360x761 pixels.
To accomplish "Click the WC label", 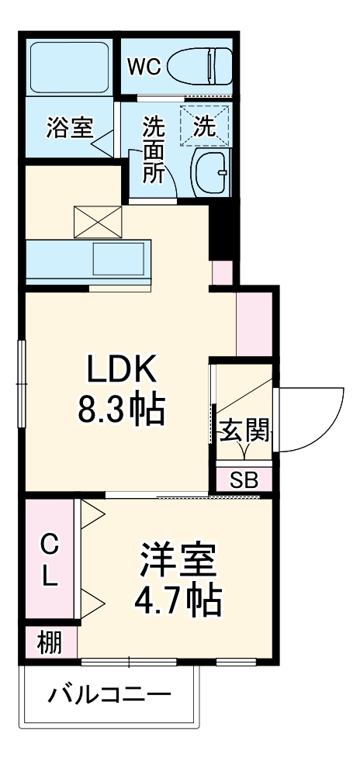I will pyautogui.click(x=144, y=67).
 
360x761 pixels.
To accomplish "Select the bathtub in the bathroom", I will pyautogui.click(x=69, y=67).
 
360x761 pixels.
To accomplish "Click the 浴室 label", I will pyautogui.click(x=69, y=127).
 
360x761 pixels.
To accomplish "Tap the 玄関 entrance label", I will pyautogui.click(x=244, y=430).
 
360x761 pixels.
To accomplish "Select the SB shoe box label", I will pyautogui.click(x=244, y=479).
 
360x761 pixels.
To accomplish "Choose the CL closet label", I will pyautogui.click(x=49, y=560).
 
